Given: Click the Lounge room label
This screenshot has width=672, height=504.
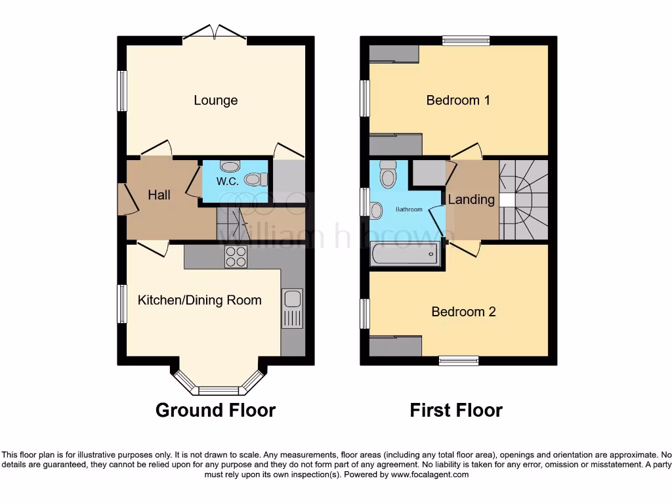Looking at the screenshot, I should coord(215,100).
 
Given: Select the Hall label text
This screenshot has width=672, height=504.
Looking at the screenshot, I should coord(159,195).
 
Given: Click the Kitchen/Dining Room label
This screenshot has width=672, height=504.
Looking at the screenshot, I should coord(199,300).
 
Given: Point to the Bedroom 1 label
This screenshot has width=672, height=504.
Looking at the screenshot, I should coord(458,100).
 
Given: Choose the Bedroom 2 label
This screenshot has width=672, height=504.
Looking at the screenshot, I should coord(463,311).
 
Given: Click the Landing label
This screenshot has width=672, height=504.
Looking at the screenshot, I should coord(471,199).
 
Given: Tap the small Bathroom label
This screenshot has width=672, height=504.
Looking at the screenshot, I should coord(409,210).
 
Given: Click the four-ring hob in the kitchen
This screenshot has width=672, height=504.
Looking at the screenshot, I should coord(236,257).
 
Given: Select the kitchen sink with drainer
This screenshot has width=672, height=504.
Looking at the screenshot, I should coord(291,308).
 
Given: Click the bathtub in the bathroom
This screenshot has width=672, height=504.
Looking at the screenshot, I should coord(405,255).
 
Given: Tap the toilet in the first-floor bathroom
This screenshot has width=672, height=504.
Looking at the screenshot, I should coord(388,175).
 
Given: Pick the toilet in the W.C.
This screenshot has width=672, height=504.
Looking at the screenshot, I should coord(255,178).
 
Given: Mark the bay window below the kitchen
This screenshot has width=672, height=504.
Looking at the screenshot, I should coord(219,387).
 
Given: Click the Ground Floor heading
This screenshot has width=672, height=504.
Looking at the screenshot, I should coord(215,410).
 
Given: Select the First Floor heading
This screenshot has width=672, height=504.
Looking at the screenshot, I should coord(456,410).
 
